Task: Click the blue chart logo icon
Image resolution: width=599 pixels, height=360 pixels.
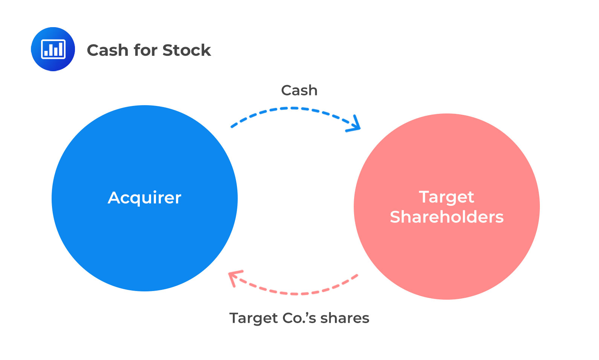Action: pos(53,49)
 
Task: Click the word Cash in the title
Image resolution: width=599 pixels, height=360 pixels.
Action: pos(107,50)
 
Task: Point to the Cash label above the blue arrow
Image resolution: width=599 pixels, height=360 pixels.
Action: pos(299,90)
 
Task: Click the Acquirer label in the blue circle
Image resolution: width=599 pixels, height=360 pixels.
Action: pos(145,198)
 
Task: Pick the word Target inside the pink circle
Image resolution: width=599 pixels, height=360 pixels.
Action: pos(446,197)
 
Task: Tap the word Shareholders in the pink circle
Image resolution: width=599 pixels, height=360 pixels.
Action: pos(447,217)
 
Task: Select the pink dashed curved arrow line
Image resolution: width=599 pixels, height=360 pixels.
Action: pos(298,293)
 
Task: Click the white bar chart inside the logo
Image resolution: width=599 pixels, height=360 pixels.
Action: pos(53,49)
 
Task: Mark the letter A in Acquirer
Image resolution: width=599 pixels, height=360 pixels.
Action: pos(114,198)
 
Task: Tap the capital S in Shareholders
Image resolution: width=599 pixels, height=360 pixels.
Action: pos(396,217)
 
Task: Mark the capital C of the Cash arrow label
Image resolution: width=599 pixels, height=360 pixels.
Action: pos(286,90)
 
